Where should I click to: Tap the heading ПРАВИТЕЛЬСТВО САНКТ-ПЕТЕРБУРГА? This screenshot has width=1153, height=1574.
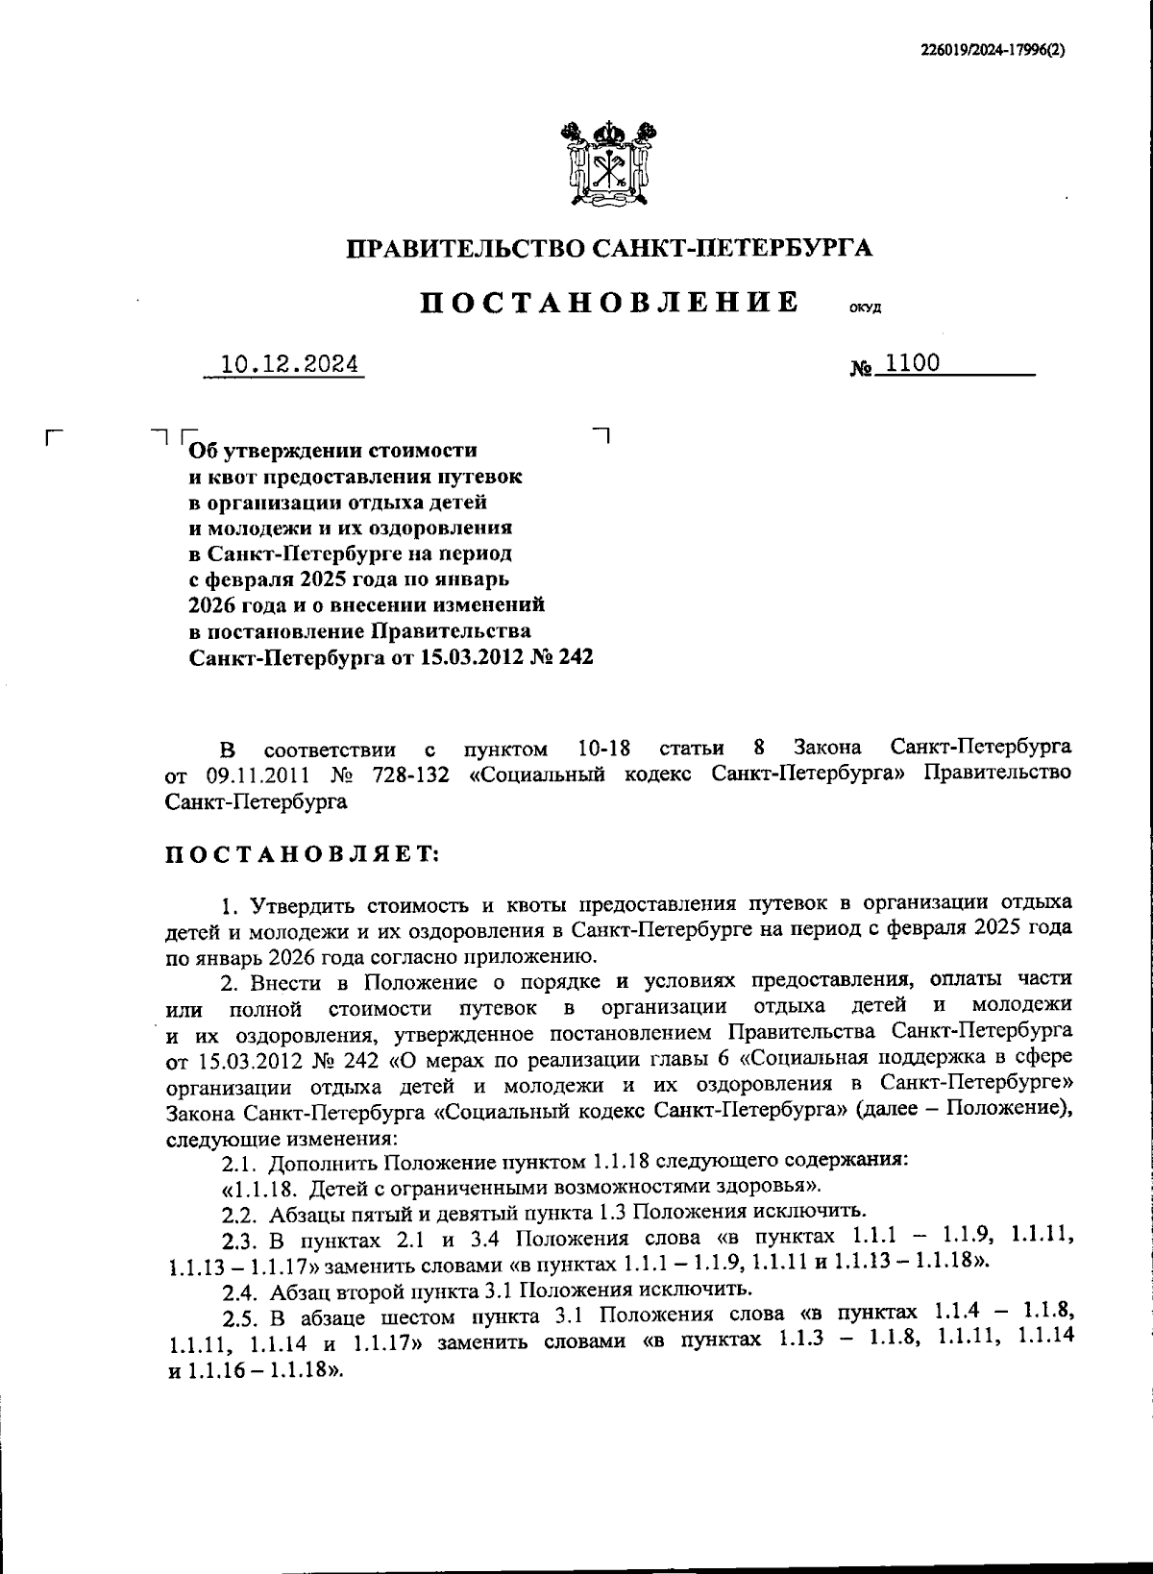609,248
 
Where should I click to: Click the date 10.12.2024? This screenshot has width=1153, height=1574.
289,365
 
